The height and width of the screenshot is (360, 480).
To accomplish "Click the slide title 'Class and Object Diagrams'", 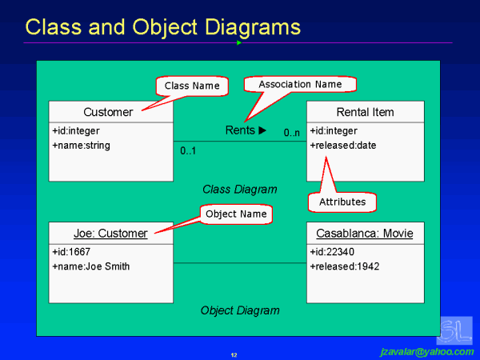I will (162, 27).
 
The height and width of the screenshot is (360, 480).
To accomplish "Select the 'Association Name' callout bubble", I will (300, 84).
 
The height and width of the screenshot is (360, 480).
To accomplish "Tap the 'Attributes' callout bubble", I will (342, 202).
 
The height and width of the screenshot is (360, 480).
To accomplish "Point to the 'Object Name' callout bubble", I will (235, 214).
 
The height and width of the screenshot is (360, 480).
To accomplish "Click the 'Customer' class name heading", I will (110, 112).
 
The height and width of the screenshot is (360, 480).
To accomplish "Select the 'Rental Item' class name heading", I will (365, 112).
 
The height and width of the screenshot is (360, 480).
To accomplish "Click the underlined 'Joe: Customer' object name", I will (110, 234).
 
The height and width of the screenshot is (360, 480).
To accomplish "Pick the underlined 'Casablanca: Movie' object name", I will (365, 234).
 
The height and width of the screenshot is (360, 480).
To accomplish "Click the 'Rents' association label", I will (245, 130).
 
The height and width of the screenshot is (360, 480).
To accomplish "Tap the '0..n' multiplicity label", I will (292, 132).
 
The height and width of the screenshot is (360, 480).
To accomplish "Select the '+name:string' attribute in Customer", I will (81, 146).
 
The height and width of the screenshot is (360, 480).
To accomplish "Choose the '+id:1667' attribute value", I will (71, 252).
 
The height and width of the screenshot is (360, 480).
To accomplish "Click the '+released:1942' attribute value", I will (344, 266).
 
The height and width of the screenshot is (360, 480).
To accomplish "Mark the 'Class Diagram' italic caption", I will (240, 190).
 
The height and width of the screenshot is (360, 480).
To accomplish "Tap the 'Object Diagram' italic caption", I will (240, 310).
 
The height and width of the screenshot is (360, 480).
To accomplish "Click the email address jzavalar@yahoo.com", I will (426, 351).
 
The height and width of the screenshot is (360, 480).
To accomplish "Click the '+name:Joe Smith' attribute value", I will (90, 266).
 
